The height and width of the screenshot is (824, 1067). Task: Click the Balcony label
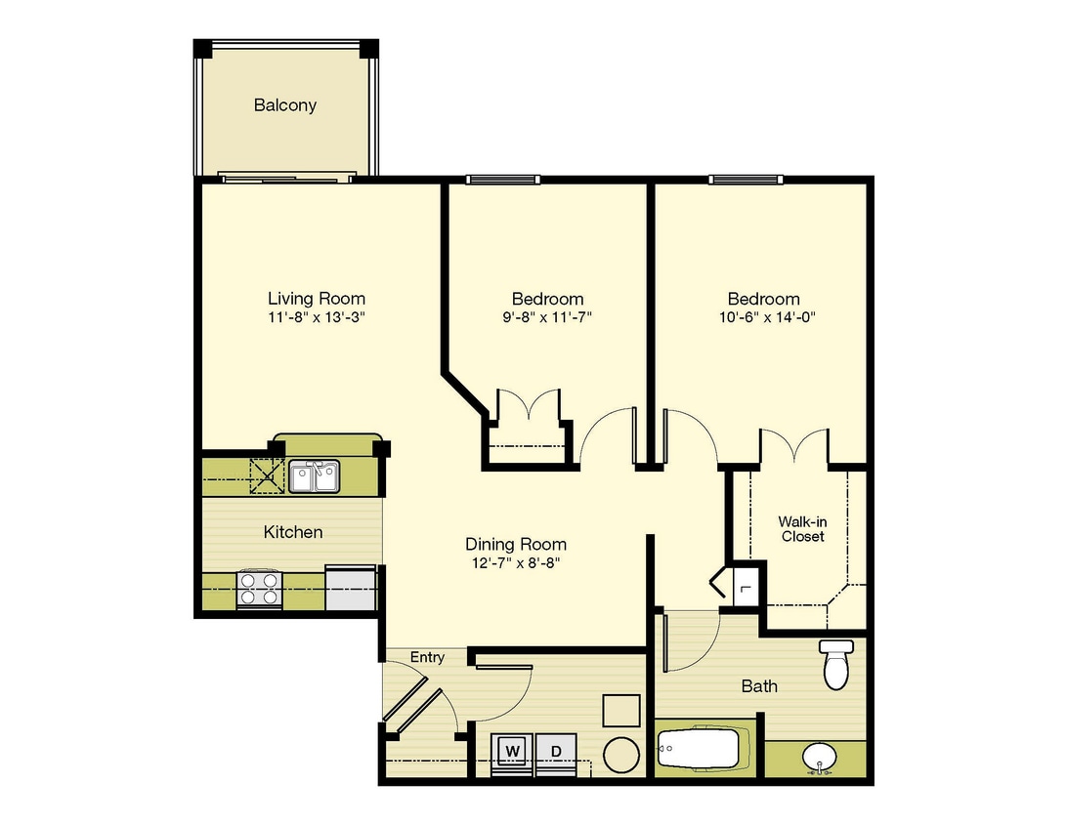(x=284, y=105)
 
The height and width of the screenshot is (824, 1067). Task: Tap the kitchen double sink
(x=315, y=475)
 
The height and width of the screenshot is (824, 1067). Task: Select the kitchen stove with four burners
(x=259, y=589)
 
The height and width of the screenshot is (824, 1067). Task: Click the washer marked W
(x=512, y=751)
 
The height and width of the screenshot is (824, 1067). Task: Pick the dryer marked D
(x=556, y=751)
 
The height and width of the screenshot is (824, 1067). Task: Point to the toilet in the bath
(x=835, y=664)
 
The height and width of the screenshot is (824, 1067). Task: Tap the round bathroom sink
(x=819, y=757)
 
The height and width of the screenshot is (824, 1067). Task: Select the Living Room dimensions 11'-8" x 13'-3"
(x=317, y=317)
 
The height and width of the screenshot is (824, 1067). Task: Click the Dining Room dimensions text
(x=516, y=563)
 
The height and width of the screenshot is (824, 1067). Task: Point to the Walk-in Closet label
(x=803, y=529)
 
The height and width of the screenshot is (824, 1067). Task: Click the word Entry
(x=427, y=657)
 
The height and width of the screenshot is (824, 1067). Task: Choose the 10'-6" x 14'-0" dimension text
(x=767, y=317)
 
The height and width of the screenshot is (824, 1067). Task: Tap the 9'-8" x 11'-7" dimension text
(x=547, y=317)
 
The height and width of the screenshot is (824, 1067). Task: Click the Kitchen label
(x=292, y=532)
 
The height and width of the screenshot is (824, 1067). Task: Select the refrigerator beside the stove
(x=351, y=588)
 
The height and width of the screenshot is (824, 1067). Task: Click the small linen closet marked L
(x=747, y=586)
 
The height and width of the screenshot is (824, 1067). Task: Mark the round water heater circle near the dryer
(x=621, y=756)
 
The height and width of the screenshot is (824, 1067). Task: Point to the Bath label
(x=759, y=686)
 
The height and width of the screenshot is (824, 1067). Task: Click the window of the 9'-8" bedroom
(x=503, y=180)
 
